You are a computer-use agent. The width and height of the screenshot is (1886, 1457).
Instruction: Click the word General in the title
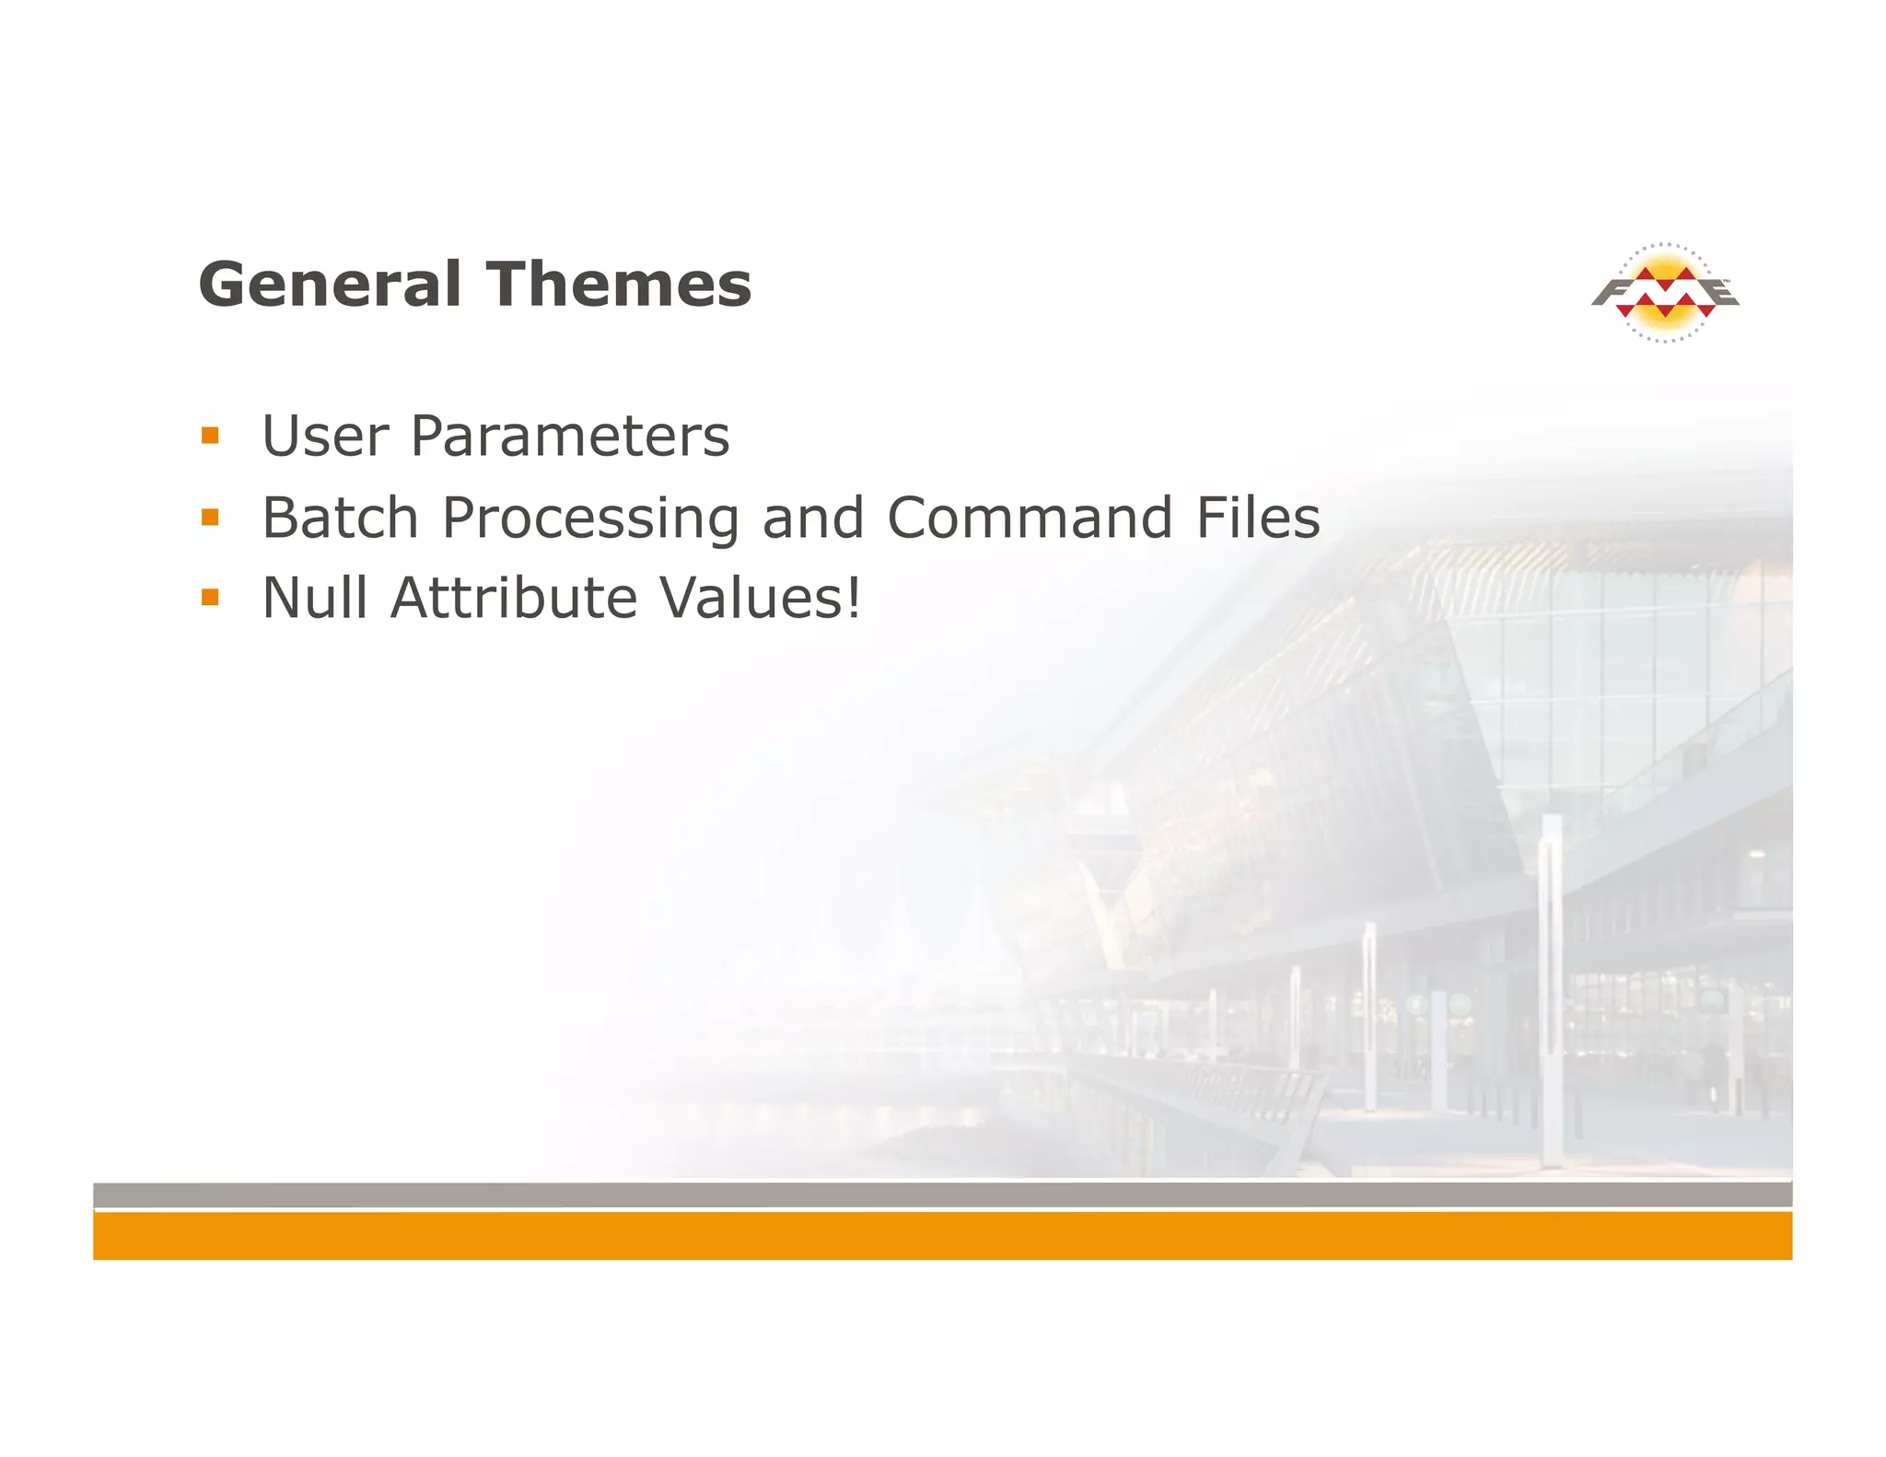pyautogui.click(x=329, y=285)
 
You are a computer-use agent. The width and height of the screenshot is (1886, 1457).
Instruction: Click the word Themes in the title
pyautogui.click(x=618, y=285)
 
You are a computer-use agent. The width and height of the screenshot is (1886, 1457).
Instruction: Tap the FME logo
pyautogui.click(x=1665, y=293)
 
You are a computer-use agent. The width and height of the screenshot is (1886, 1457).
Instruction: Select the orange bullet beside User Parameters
pyautogui.click(x=210, y=436)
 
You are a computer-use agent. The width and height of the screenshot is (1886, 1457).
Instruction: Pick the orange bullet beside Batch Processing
pyautogui.click(x=210, y=517)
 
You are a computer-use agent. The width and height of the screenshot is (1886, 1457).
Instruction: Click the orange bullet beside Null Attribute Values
pyautogui.click(x=210, y=598)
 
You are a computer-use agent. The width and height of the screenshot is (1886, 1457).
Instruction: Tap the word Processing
pyautogui.click(x=590, y=519)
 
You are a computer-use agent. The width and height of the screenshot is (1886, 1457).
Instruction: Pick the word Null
pyautogui.click(x=315, y=598)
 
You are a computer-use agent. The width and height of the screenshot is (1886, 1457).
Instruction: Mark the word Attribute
pyautogui.click(x=514, y=598)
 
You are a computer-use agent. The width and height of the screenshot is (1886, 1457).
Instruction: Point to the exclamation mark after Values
pyautogui.click(x=853, y=598)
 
